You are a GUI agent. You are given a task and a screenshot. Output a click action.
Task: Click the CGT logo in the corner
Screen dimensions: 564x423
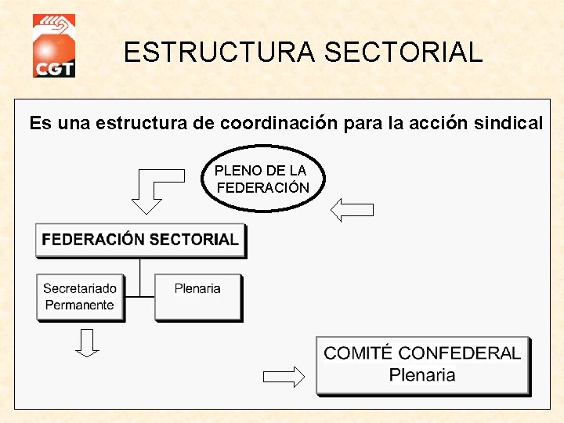53,46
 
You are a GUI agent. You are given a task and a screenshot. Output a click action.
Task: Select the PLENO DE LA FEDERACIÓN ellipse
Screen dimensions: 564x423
262,179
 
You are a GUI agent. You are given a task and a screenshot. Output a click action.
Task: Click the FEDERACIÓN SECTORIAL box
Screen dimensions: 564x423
140,240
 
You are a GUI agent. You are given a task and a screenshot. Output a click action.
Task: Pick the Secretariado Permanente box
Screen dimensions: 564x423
80,297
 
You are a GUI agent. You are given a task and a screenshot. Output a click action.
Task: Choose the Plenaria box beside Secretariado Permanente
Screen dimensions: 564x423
197,297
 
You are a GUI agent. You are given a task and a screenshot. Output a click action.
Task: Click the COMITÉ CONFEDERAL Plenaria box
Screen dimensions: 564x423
422,365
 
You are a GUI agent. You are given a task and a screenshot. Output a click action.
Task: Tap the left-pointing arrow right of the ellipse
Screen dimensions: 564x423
352,209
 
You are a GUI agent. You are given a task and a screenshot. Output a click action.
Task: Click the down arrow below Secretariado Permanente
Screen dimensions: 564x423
88,342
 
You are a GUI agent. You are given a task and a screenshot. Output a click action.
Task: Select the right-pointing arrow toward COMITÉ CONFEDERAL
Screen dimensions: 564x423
284,377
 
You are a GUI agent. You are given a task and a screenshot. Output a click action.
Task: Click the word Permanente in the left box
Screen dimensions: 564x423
79,305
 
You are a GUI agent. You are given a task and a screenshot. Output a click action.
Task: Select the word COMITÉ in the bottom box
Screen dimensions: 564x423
363,353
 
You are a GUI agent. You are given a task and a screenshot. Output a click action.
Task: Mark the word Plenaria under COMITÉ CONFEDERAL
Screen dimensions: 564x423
421,374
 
